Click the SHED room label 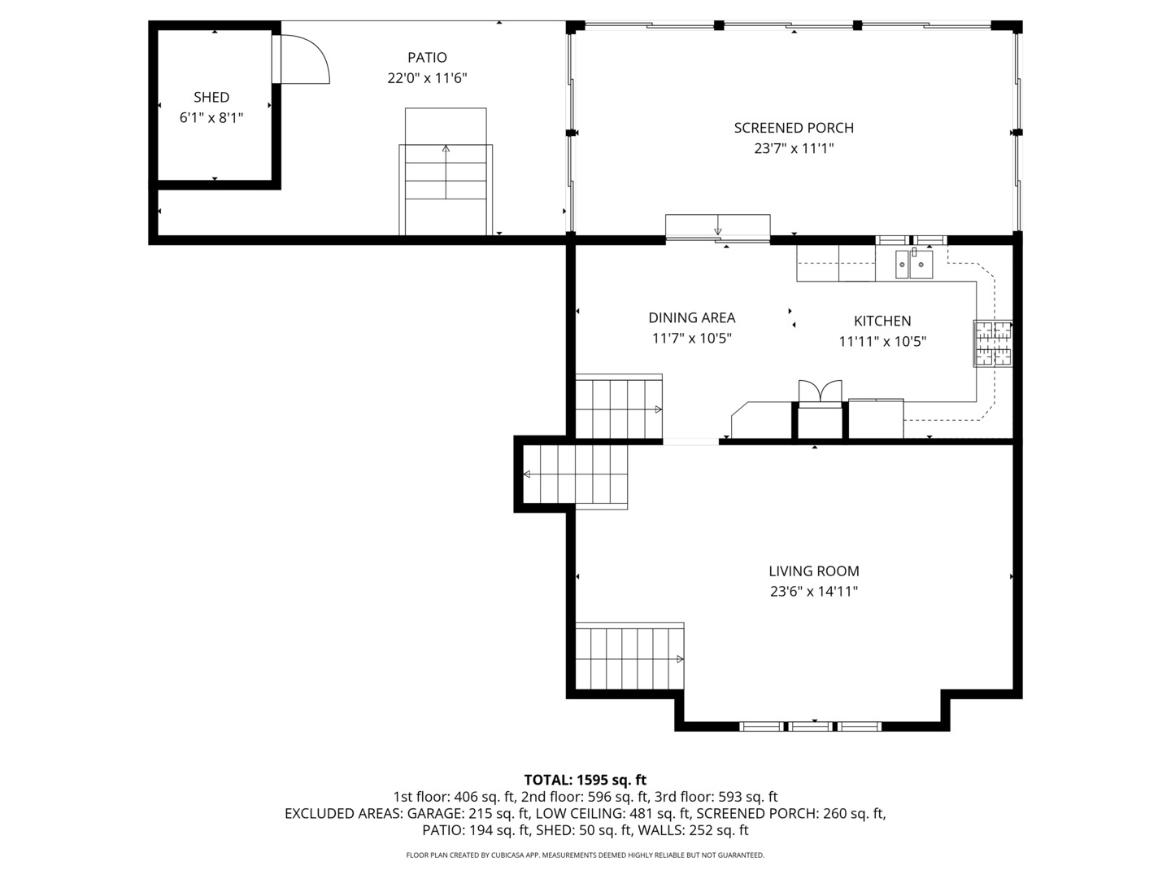click(x=211, y=98)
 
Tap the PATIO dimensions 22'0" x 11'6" click(x=427, y=79)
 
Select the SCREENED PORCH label click(x=794, y=128)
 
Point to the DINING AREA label click(x=691, y=318)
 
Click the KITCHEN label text click(x=882, y=321)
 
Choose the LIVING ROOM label click(x=814, y=571)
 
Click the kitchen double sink click(x=914, y=264)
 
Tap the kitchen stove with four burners click(x=993, y=343)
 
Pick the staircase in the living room click(x=629, y=656)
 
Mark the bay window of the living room click(x=811, y=726)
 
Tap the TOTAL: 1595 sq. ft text click(x=585, y=780)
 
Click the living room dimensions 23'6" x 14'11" click(x=814, y=592)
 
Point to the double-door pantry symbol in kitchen click(x=821, y=392)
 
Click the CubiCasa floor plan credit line click(x=585, y=855)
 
